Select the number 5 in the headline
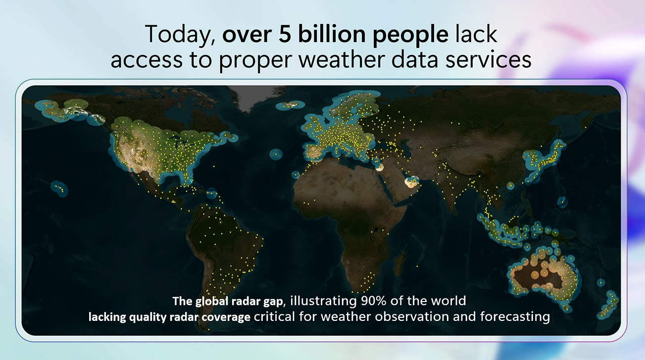tap(285, 34)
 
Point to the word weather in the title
tap(341, 59)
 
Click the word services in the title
tap(488, 59)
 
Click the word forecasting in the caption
tap(515, 317)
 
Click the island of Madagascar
tap(399, 263)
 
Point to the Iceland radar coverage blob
tap(290, 105)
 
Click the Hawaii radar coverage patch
tap(59, 188)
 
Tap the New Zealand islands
tap(607, 305)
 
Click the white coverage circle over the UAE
tap(412, 182)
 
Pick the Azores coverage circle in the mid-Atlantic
tap(276, 154)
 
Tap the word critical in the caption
tap(274, 317)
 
